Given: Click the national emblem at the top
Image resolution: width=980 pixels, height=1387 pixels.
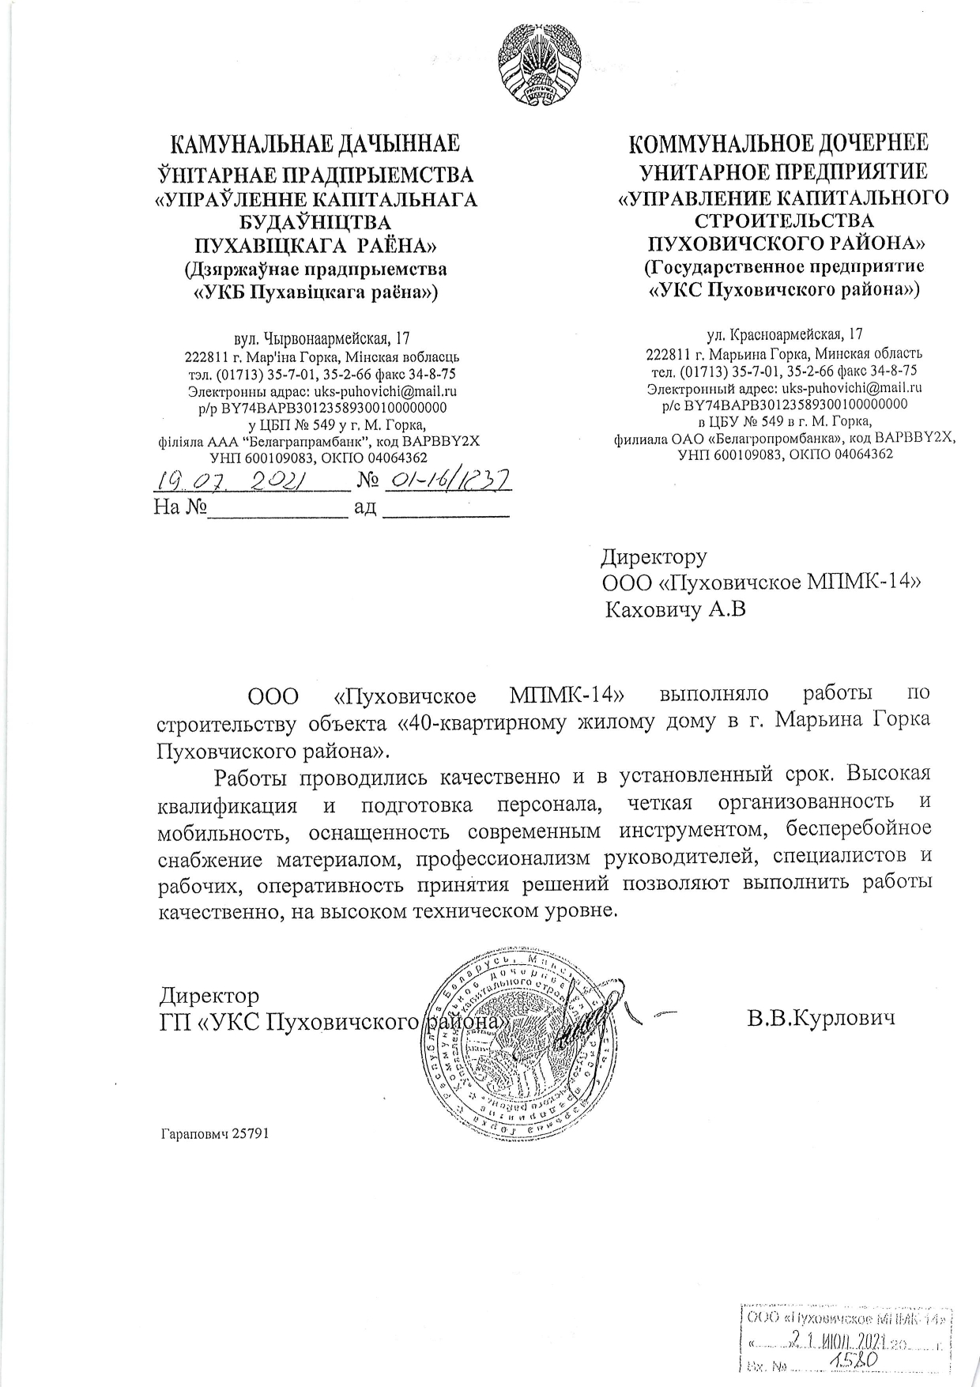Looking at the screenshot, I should (x=539, y=70).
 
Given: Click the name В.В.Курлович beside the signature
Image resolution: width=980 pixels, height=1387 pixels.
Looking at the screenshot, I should (x=821, y=1018).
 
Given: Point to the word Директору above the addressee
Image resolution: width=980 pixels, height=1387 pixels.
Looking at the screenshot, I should (x=654, y=557).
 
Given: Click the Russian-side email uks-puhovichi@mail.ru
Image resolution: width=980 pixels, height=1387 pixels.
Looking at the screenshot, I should (x=852, y=388).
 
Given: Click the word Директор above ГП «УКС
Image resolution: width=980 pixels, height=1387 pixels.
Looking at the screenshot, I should (x=209, y=995).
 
